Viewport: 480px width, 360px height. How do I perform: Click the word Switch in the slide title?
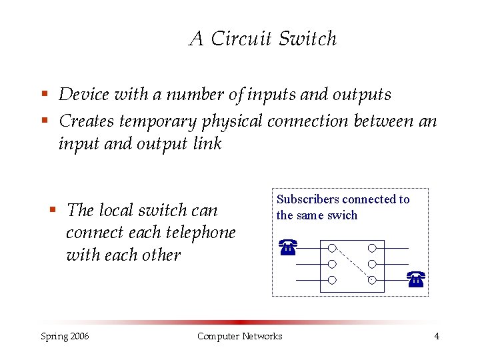coord(308,39)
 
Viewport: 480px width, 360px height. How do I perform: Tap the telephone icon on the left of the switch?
coord(287,248)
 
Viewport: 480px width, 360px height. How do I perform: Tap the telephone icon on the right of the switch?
coord(416,279)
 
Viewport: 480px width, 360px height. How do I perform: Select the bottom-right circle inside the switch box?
coord(372,279)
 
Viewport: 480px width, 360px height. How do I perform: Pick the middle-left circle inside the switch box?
coord(331,264)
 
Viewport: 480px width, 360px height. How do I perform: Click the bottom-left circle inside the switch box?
coord(331,279)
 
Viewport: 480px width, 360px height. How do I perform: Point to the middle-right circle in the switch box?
coord(372,264)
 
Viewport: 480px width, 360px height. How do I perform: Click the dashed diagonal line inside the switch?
coord(351,263)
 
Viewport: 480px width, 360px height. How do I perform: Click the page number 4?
coord(437,336)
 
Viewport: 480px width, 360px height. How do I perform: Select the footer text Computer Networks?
coord(239,336)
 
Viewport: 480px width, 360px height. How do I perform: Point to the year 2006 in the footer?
coord(79,336)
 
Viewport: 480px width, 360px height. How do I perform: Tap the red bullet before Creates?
coord(45,121)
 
